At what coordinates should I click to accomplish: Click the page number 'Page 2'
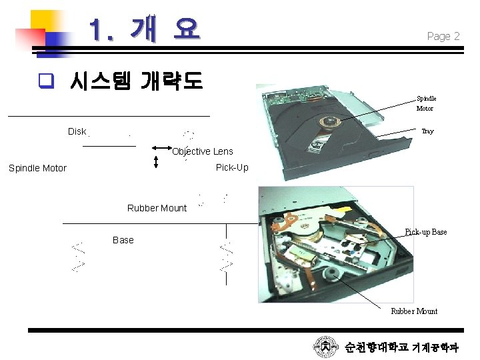click(x=443, y=37)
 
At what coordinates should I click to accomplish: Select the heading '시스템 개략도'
click(x=136, y=81)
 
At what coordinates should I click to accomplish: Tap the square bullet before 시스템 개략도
click(x=45, y=82)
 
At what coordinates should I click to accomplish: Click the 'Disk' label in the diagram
click(x=77, y=131)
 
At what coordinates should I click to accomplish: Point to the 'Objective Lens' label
click(x=203, y=151)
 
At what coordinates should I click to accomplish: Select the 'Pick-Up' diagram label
click(x=232, y=167)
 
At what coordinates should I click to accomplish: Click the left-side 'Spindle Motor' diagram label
click(x=37, y=168)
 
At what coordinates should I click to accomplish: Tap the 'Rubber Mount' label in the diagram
click(x=157, y=208)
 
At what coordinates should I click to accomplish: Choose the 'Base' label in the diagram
click(x=123, y=240)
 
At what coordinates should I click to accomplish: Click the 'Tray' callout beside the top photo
click(x=427, y=131)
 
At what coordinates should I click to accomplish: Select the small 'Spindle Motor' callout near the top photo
click(x=425, y=103)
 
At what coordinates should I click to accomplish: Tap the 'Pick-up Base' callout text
click(x=426, y=232)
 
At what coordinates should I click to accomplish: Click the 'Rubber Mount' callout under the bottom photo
click(x=414, y=311)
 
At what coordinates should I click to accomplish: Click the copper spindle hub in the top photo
click(x=329, y=121)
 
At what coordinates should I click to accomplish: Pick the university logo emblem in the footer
click(x=326, y=347)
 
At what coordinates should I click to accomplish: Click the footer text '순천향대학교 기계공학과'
click(x=401, y=347)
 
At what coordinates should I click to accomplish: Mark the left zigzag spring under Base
click(x=78, y=256)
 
